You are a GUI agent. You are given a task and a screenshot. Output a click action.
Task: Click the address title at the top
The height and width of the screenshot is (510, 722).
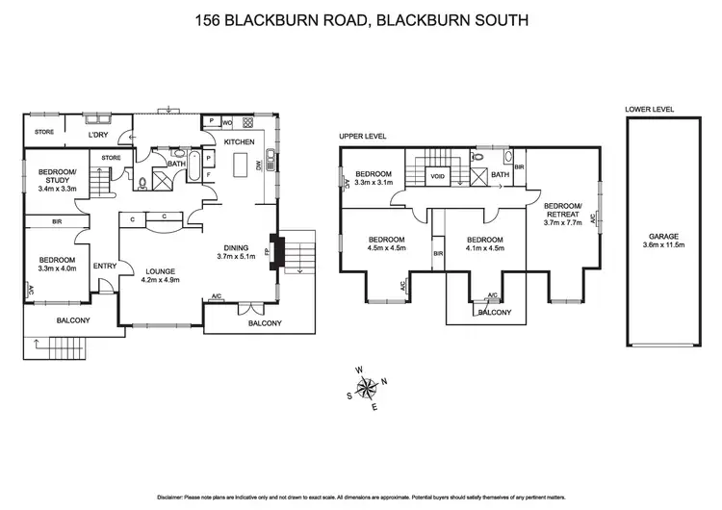(x=361, y=19)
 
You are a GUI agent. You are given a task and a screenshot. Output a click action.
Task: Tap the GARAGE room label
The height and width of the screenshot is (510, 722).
(x=663, y=235)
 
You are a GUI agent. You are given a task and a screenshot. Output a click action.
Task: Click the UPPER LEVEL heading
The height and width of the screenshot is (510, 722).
(x=363, y=137)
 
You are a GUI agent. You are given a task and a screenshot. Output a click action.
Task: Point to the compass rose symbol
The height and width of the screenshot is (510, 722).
(x=367, y=388)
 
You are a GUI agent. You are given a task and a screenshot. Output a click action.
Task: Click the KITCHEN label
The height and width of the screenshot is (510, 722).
(x=239, y=142)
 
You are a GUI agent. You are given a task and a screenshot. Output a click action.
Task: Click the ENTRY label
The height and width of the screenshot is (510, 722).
(x=104, y=267)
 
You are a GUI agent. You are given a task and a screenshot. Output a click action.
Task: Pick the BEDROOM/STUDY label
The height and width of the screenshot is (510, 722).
(x=57, y=176)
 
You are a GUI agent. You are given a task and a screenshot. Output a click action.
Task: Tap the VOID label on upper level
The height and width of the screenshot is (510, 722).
(x=438, y=176)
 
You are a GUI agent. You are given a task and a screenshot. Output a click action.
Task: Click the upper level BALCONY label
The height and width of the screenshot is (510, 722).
(x=492, y=312)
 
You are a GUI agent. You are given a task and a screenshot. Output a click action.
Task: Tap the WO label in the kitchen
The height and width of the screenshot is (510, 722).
(x=227, y=123)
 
